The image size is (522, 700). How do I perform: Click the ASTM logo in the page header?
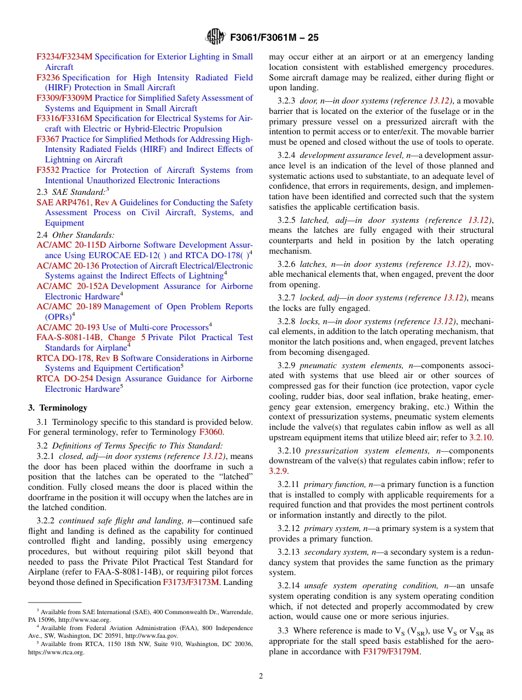point(215,37)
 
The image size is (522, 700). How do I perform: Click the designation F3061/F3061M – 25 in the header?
point(273,37)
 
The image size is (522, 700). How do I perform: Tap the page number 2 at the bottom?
point(261,676)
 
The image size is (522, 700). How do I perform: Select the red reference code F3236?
point(48,78)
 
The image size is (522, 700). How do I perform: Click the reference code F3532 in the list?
point(48,170)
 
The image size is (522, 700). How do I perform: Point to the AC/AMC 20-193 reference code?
point(68,327)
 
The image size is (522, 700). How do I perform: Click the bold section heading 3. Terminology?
point(58,408)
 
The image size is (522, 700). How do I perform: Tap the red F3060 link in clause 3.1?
point(210,433)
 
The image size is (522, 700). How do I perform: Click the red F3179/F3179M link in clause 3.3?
point(391,652)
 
